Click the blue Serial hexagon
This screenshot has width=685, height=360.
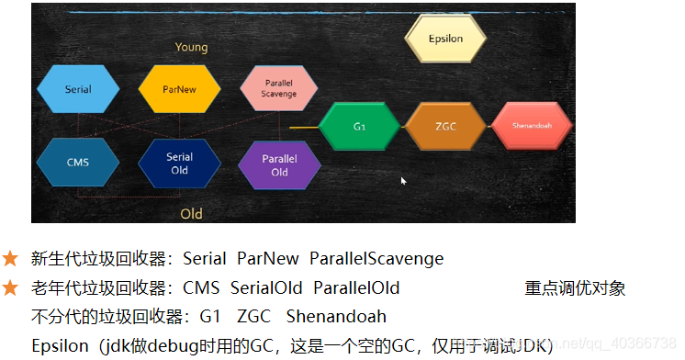click(78, 90)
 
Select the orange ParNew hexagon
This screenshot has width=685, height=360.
click(179, 90)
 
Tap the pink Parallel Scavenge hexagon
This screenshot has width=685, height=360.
click(279, 89)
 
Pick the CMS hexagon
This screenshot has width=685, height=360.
click(78, 163)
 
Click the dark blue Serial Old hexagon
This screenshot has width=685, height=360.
click(179, 163)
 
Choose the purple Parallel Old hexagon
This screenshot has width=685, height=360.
click(279, 166)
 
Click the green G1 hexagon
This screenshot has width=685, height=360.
click(359, 126)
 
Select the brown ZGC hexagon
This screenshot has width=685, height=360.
click(446, 126)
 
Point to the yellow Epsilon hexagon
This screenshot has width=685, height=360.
click(446, 39)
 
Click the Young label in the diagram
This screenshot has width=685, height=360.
click(191, 47)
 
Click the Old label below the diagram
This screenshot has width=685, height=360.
click(191, 214)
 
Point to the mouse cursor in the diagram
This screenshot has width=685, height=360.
click(403, 181)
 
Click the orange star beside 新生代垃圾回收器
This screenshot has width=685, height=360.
click(10, 259)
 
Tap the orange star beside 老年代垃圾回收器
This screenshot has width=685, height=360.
click(10, 287)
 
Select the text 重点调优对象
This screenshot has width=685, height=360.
click(575, 288)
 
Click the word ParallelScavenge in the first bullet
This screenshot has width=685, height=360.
click(376, 259)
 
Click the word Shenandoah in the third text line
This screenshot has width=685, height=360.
click(336, 317)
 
